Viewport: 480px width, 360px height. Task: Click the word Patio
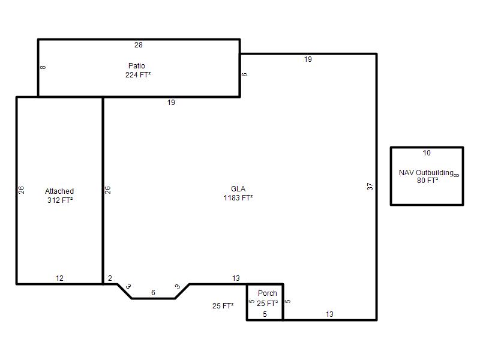(137, 66)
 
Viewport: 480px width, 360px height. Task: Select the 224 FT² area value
(138, 74)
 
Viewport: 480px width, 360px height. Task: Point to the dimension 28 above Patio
(139, 45)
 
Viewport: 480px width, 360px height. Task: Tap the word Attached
(59, 191)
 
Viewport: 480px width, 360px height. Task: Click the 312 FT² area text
(60, 200)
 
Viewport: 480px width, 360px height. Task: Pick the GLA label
(238, 189)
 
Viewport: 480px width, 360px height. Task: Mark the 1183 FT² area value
(238, 198)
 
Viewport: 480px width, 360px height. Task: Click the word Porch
(267, 293)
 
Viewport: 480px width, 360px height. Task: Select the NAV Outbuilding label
(426, 173)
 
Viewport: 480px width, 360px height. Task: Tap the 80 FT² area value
(427, 181)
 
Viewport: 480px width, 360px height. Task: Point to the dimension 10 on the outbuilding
(427, 153)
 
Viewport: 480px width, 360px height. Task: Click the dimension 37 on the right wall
(370, 187)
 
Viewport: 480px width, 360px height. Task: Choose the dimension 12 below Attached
(59, 278)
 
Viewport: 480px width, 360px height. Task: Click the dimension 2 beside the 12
(110, 278)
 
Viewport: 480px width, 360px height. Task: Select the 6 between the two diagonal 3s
(153, 293)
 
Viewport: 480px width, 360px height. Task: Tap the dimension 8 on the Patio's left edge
(43, 67)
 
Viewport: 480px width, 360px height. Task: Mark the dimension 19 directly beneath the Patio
(171, 103)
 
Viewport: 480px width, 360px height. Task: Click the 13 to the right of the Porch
(329, 314)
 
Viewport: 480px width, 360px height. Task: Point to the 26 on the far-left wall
(21, 190)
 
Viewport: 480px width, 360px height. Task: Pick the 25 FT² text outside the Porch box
(223, 306)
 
